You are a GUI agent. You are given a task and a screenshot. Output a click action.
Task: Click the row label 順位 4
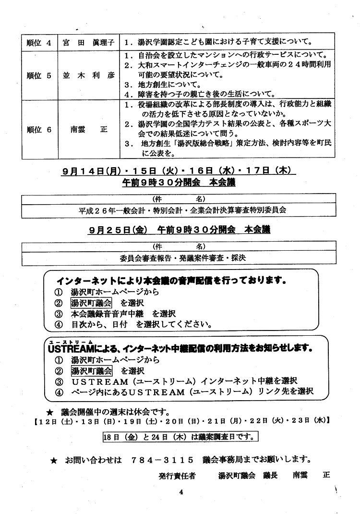pos(39,42)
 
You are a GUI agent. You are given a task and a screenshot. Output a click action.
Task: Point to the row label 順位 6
pos(39,129)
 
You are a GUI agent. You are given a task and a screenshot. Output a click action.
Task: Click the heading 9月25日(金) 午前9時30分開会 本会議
pos(179,230)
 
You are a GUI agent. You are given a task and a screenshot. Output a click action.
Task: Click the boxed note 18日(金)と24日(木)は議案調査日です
pos(180,437)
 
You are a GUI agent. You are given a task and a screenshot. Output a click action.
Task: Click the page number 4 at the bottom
pos(180,491)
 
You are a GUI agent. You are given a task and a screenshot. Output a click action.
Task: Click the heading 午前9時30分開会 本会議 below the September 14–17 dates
pos(179,183)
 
